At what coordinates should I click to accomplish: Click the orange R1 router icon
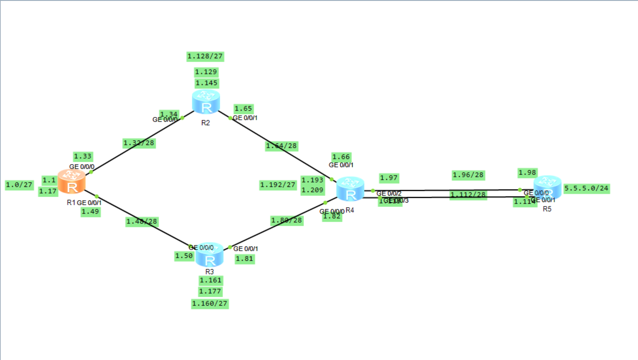(x=72, y=182)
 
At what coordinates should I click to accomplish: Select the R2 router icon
(x=206, y=102)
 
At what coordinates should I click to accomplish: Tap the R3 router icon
(x=209, y=255)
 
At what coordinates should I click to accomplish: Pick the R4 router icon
(x=350, y=189)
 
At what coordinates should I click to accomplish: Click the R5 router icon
(x=547, y=187)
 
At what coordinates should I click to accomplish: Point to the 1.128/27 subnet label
(x=205, y=57)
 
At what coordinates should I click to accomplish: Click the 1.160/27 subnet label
(x=210, y=304)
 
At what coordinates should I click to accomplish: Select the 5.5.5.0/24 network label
(x=586, y=189)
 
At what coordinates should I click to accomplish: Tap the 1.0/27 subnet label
(x=19, y=185)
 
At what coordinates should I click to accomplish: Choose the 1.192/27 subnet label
(x=278, y=185)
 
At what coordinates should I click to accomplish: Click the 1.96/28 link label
(x=468, y=175)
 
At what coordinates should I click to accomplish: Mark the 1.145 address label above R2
(x=206, y=83)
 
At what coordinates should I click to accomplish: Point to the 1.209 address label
(x=313, y=190)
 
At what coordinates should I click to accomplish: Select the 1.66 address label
(x=341, y=157)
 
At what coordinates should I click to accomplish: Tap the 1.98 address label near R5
(x=527, y=173)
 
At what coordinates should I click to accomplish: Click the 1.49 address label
(x=90, y=212)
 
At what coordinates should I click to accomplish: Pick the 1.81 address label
(x=245, y=259)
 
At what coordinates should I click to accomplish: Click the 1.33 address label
(x=83, y=157)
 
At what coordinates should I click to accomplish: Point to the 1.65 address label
(x=243, y=109)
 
